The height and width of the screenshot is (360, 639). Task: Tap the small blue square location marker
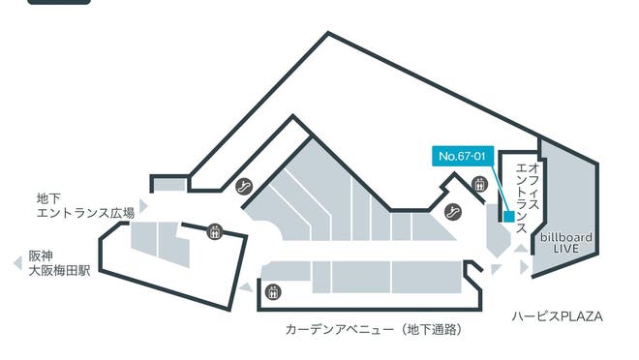[509, 217]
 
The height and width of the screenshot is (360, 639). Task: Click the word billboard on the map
[566, 237]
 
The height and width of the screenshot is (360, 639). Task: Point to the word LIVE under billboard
[566, 250]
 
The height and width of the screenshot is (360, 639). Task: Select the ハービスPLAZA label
[557, 316]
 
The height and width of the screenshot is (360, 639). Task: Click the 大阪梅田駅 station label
[59, 271]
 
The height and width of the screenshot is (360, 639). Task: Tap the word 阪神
[41, 255]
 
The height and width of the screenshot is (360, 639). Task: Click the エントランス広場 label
[84, 213]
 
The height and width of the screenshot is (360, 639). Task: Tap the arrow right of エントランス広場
[143, 206]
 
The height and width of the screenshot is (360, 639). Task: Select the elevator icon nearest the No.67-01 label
[478, 184]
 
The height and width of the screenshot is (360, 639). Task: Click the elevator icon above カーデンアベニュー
[274, 290]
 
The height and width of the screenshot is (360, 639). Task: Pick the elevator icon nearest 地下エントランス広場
[214, 231]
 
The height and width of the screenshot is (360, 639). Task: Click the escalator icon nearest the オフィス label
[452, 211]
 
